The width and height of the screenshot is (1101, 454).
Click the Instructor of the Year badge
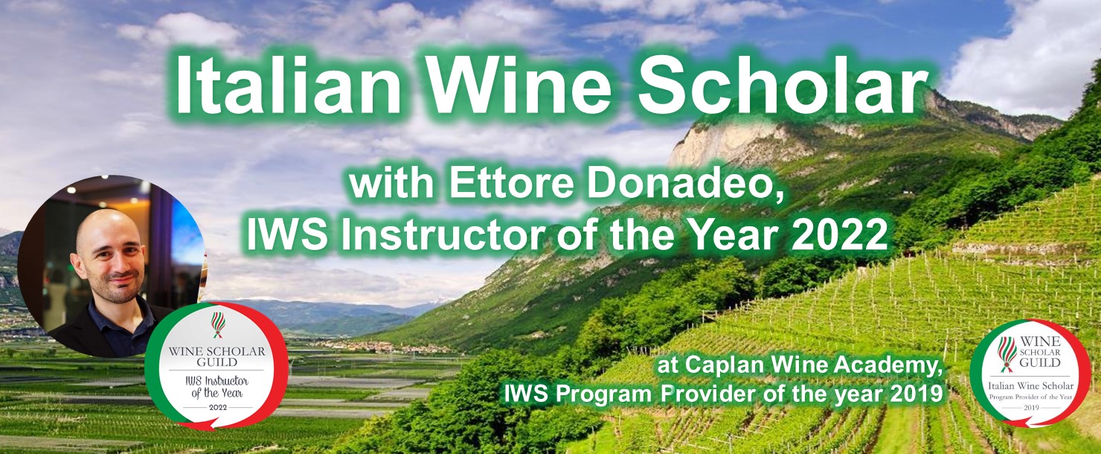tap(216, 365)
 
